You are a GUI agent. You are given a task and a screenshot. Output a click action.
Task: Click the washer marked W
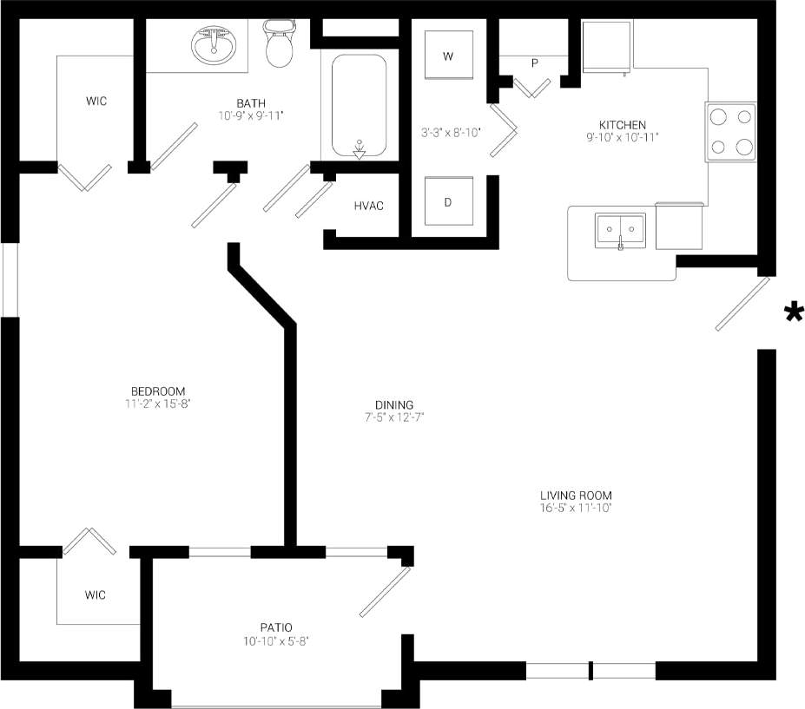[x=448, y=56]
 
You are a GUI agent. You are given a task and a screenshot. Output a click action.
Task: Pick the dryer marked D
[x=448, y=202]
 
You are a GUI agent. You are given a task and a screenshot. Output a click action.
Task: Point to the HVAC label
[x=368, y=206]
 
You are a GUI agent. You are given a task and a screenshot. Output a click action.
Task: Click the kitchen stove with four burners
[x=731, y=132]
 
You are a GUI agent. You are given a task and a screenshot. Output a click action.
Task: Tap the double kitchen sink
[x=621, y=231]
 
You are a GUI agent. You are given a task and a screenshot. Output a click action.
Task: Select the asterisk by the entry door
[x=793, y=313]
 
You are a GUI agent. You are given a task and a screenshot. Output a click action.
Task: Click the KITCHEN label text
[x=622, y=125]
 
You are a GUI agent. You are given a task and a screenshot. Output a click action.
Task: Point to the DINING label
[x=393, y=404]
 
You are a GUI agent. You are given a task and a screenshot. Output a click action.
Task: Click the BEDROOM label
[x=158, y=391]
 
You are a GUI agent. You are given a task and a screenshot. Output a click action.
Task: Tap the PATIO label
[x=275, y=627]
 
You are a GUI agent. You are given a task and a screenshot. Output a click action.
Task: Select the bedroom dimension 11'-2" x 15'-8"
[x=158, y=403]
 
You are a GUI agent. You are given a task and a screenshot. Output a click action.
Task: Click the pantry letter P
[x=534, y=62]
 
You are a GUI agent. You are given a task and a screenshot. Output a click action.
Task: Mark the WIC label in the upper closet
[x=96, y=102]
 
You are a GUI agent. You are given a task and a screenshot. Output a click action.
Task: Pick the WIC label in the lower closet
[x=96, y=594]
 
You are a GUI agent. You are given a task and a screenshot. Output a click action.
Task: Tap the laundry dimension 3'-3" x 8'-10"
[x=451, y=133]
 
